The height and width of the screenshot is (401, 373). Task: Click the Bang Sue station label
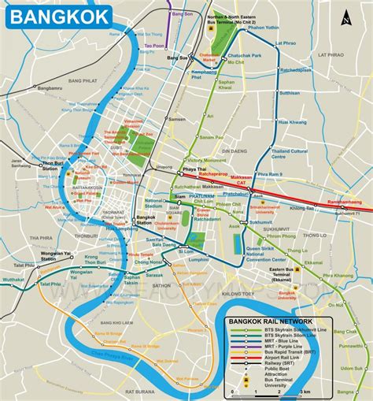tap(176, 58)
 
